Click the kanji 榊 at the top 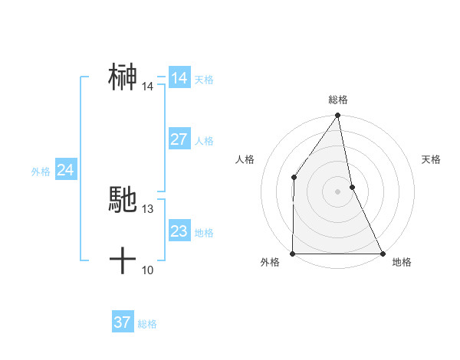tap(123, 77)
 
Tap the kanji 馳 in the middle tap(123, 200)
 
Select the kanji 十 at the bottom tap(123, 261)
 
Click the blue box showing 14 tap(179, 78)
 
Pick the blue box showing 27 tap(179, 139)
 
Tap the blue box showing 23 tap(179, 231)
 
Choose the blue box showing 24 tap(65, 170)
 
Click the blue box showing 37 tap(122, 322)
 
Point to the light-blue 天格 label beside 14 tap(204, 79)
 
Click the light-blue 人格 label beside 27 tap(204, 140)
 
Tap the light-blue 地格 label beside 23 tap(204, 232)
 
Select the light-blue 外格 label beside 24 tap(41, 172)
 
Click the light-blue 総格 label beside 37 tap(147, 323)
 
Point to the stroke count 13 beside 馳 tap(148, 208)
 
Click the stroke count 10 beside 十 tap(148, 270)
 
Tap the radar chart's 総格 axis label tap(338, 100)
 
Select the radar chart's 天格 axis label tap(431, 159)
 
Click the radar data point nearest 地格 tap(382, 253)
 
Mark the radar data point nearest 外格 tap(293, 253)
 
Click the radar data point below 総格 tap(337, 116)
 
